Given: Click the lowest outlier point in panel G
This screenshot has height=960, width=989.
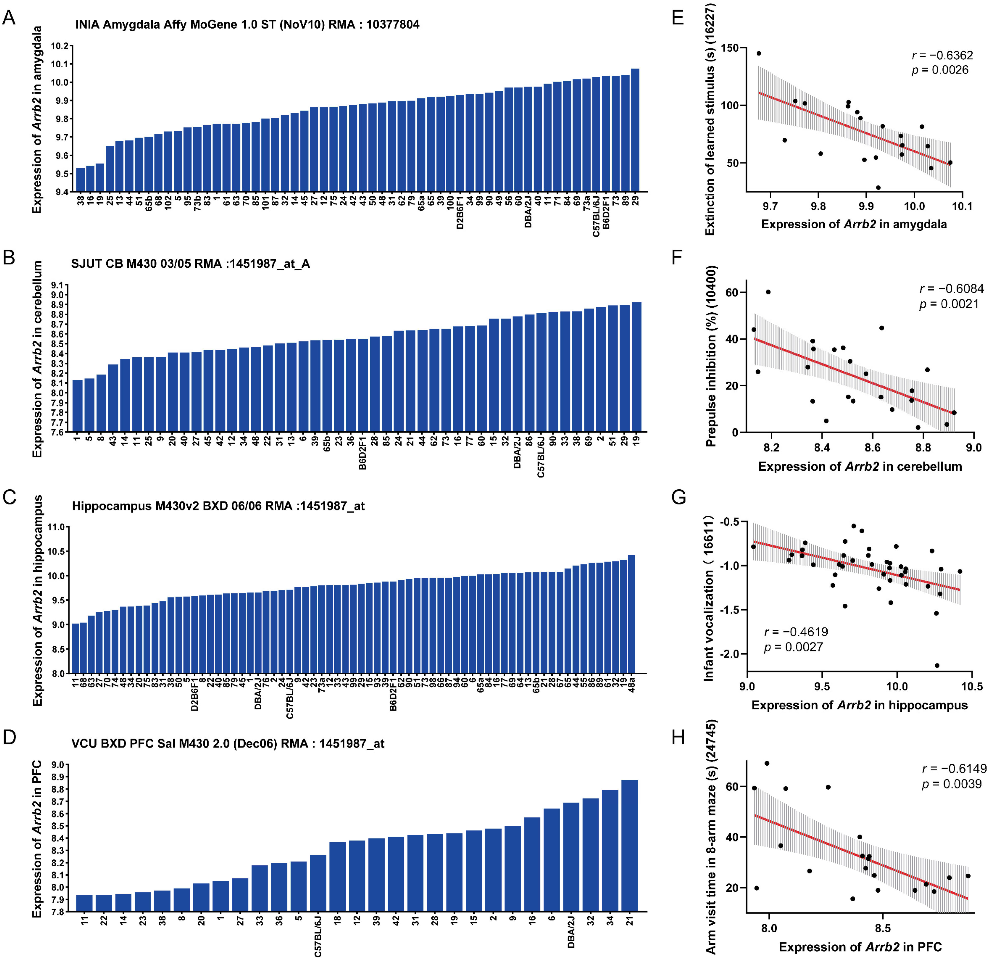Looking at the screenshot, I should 937,665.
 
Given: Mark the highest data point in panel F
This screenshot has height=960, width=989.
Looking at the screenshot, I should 768,292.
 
